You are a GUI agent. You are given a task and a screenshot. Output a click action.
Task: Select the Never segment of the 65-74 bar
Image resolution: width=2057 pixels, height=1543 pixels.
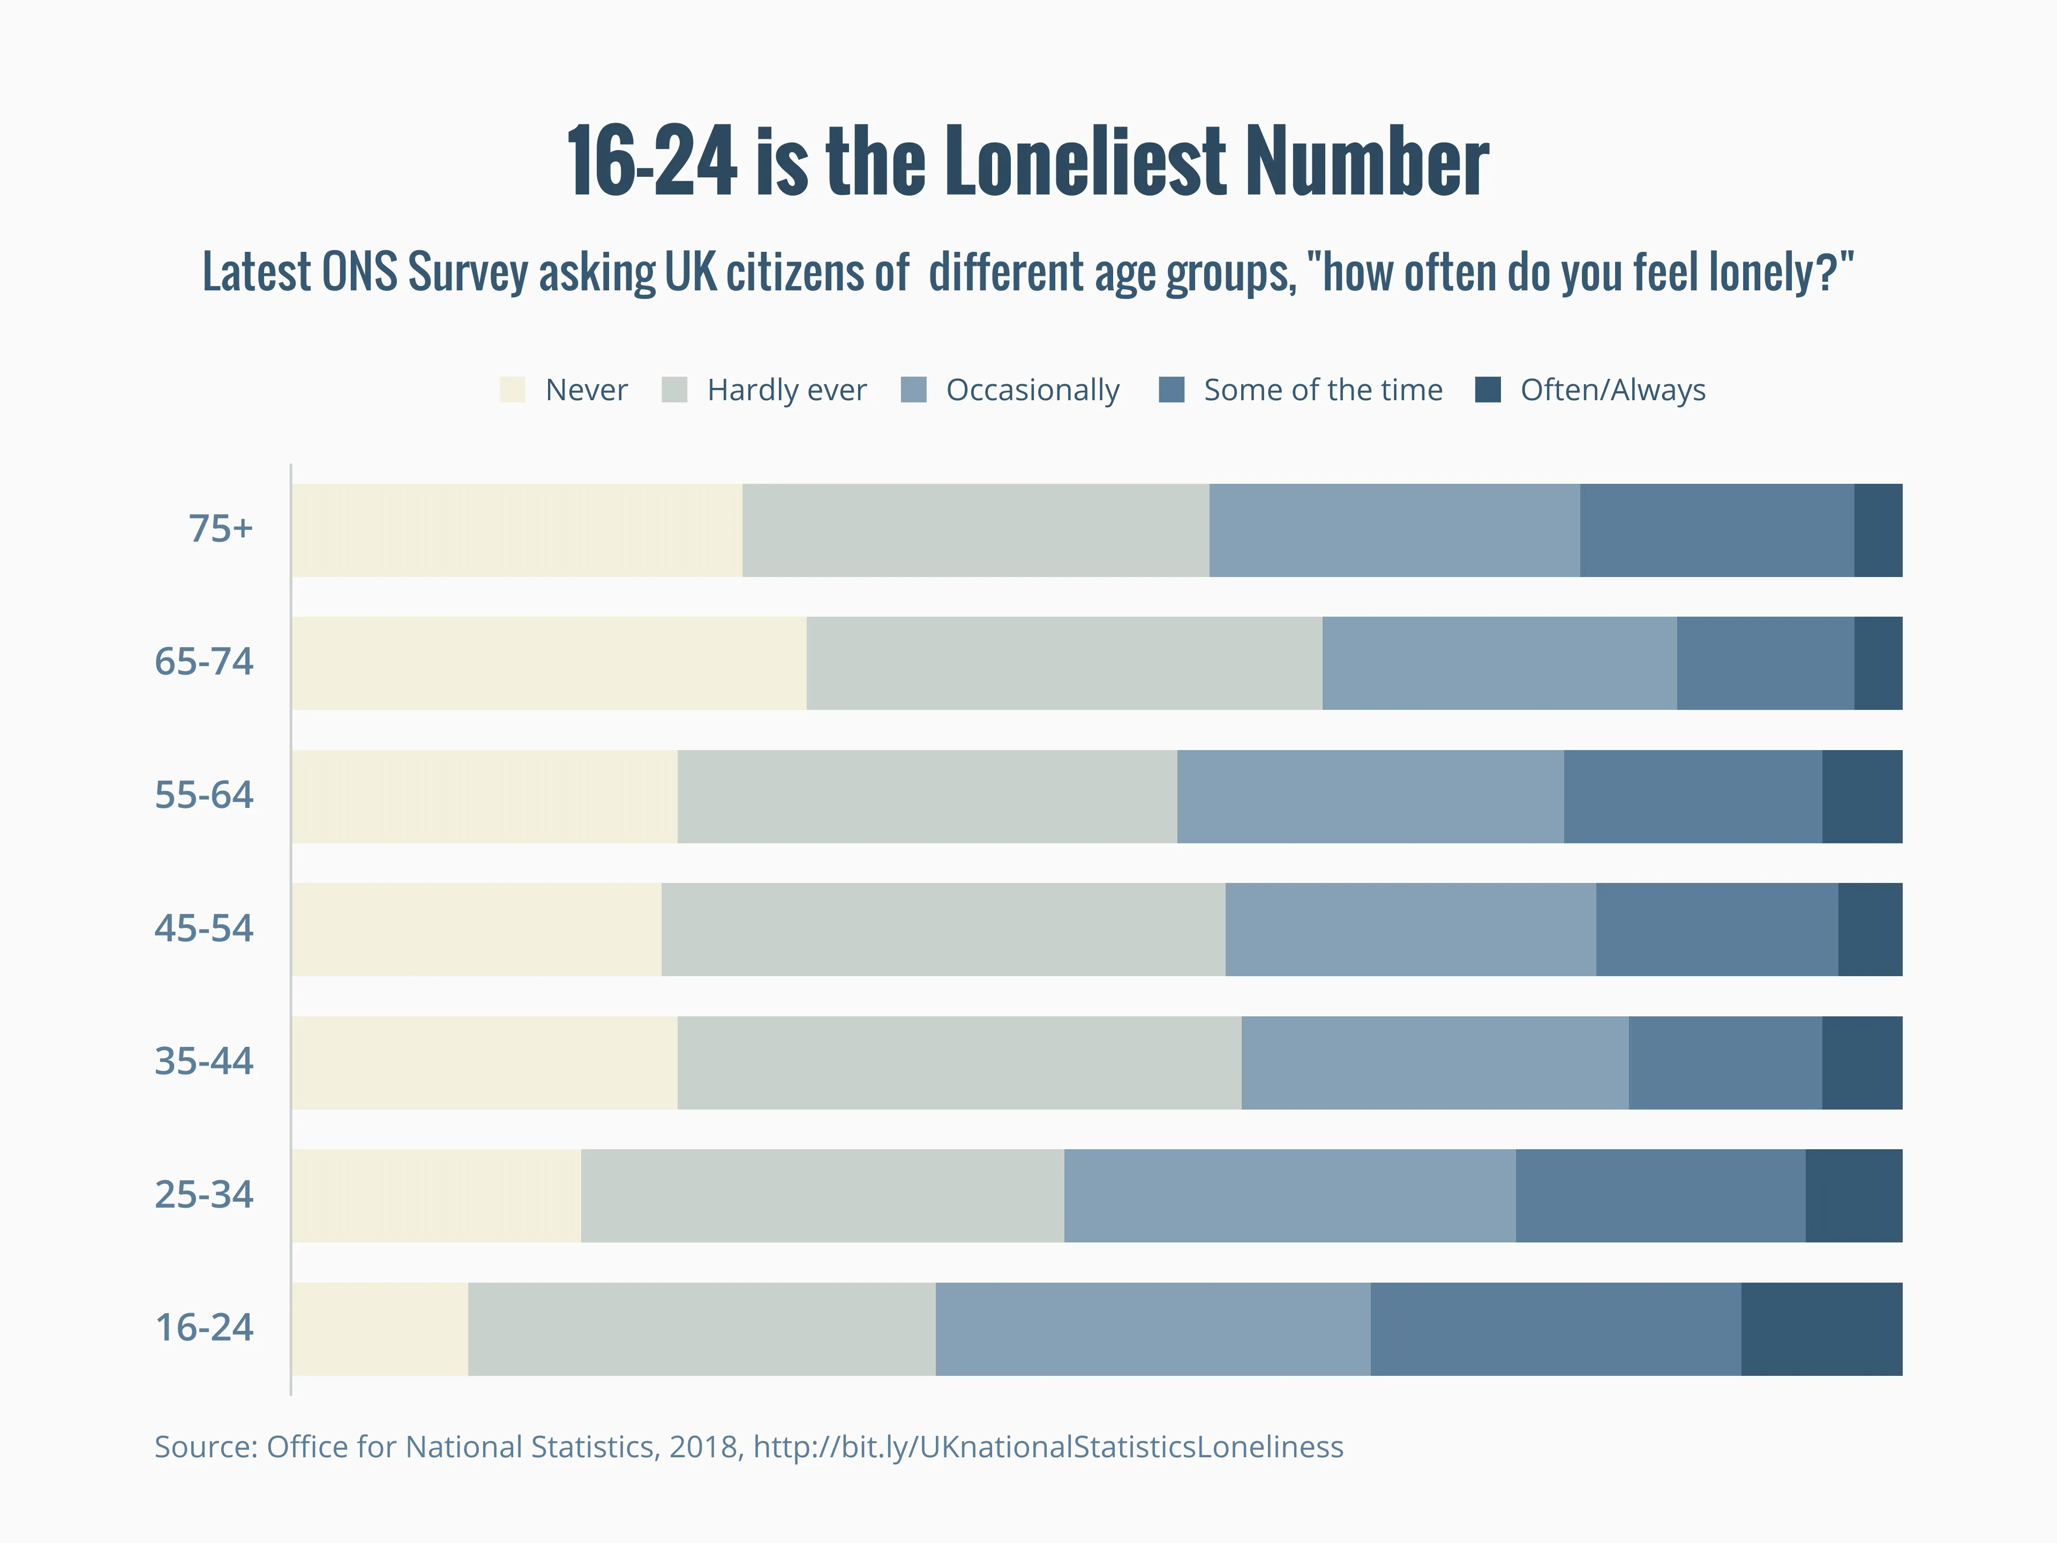(x=549, y=663)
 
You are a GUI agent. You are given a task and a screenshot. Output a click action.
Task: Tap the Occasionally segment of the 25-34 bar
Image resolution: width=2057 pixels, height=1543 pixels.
(x=1289, y=1196)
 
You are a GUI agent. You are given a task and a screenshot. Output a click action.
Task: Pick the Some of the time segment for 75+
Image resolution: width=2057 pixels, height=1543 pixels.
(x=1717, y=530)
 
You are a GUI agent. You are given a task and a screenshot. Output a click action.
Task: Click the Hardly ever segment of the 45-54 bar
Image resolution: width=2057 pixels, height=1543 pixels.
(x=943, y=929)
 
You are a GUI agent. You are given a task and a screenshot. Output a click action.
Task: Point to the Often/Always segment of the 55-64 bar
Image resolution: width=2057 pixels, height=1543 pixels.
(x=1861, y=796)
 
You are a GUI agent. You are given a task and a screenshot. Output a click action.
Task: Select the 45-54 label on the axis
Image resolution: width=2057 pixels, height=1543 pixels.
(x=204, y=928)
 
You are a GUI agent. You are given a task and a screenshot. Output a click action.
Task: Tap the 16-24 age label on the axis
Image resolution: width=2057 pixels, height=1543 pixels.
(x=204, y=1327)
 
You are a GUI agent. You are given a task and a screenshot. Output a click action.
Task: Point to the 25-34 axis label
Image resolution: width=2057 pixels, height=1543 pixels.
(x=204, y=1194)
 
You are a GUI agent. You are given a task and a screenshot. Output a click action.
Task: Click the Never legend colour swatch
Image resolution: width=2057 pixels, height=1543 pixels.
(x=513, y=390)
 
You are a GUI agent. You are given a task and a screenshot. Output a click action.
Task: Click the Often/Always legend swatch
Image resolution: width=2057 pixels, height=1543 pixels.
(x=1488, y=390)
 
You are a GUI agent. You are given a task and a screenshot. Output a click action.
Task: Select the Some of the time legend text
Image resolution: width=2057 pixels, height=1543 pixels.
(x=1323, y=390)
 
